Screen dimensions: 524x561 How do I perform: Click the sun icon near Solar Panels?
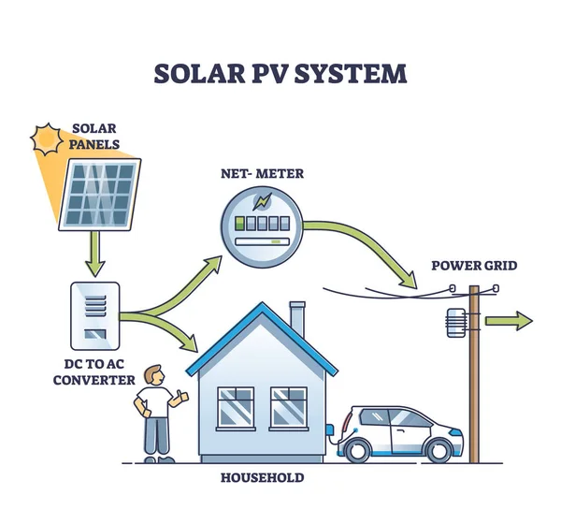(x=47, y=141)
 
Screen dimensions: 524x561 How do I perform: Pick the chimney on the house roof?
(x=297, y=318)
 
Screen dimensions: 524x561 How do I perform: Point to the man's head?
(x=156, y=376)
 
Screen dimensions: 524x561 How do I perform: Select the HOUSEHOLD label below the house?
(x=262, y=478)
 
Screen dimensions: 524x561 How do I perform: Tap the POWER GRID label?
(x=474, y=265)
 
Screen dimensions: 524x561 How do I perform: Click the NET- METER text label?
(x=262, y=173)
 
